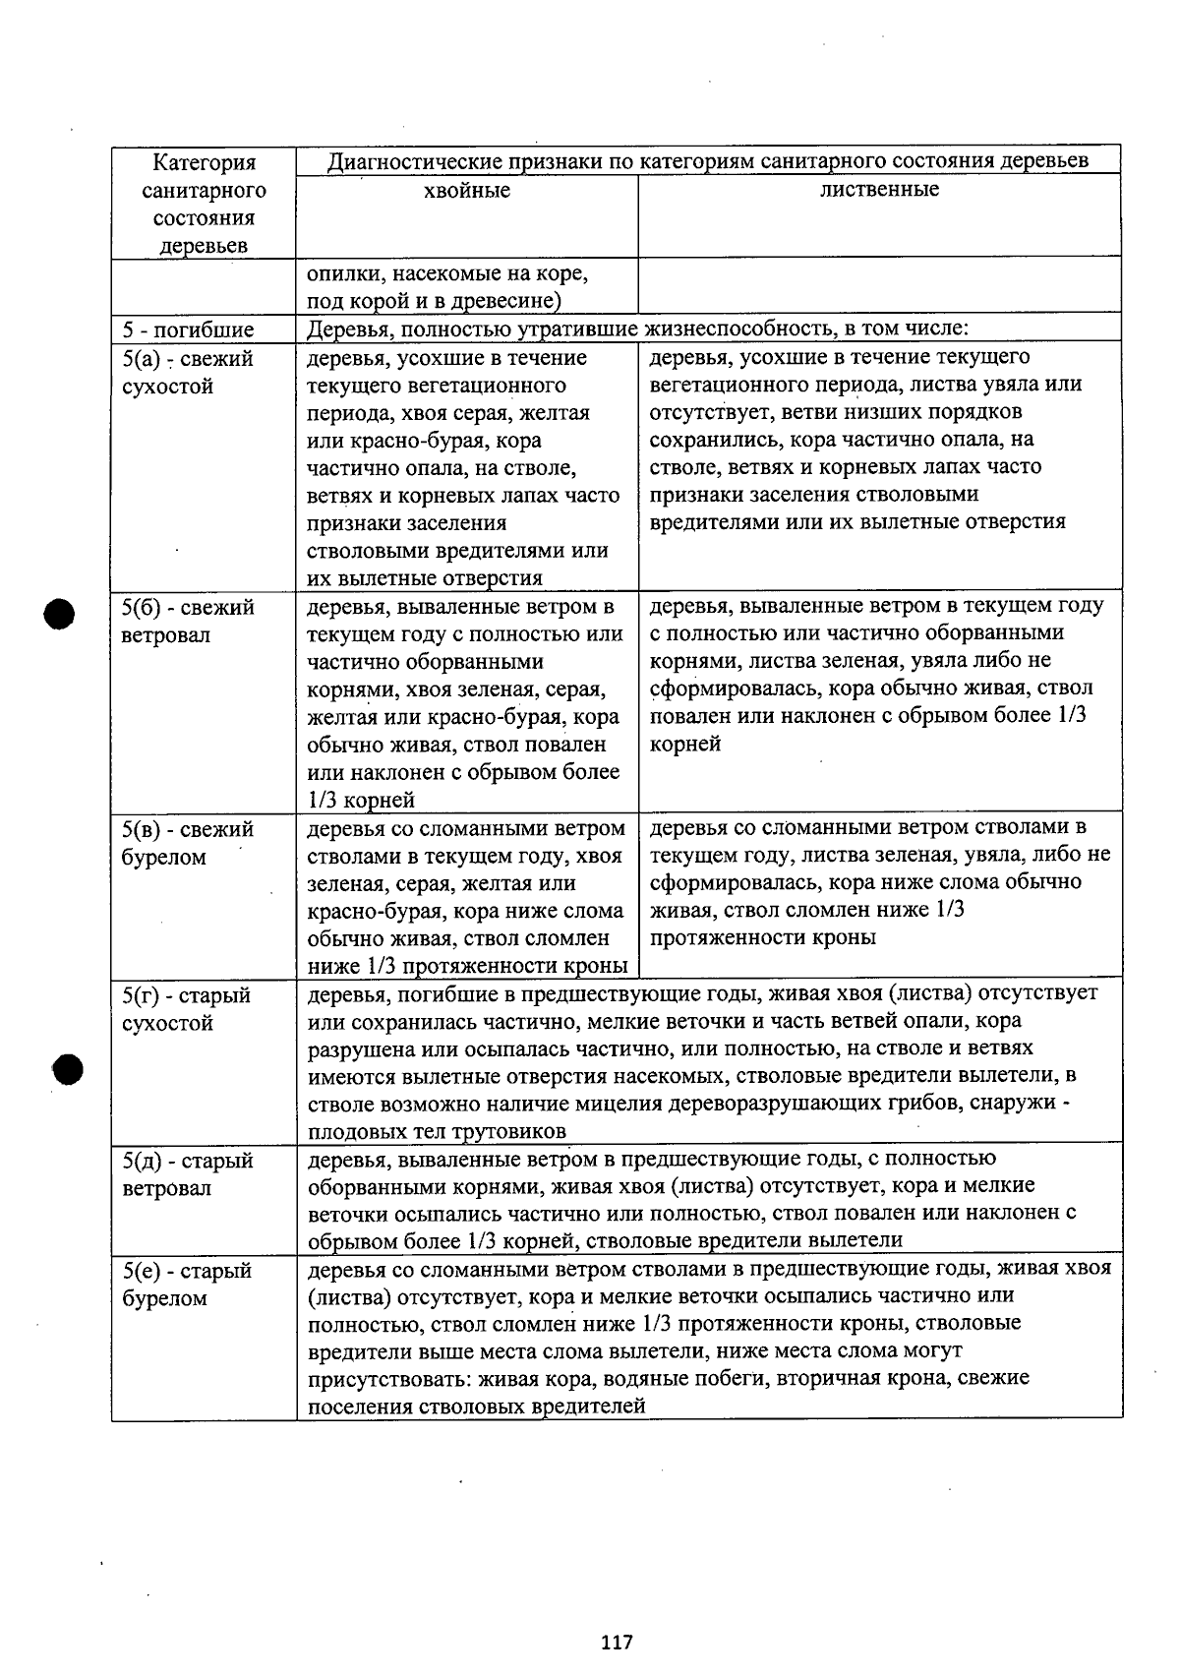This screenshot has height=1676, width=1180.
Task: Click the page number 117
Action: (617, 1642)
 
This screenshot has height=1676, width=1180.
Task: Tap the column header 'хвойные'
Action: (466, 191)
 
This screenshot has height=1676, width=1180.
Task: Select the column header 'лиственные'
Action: (879, 190)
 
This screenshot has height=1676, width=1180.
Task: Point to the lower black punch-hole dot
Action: (68, 1069)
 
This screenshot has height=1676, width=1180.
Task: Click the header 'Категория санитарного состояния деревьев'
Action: (204, 204)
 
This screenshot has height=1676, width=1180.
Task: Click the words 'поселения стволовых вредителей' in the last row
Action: (476, 1407)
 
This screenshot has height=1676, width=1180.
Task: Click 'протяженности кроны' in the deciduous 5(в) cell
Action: (762, 937)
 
